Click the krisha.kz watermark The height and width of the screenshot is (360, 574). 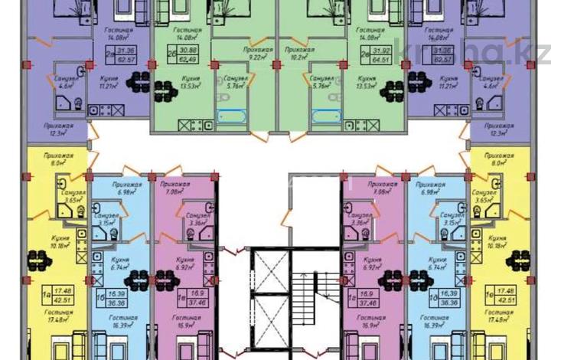505,52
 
